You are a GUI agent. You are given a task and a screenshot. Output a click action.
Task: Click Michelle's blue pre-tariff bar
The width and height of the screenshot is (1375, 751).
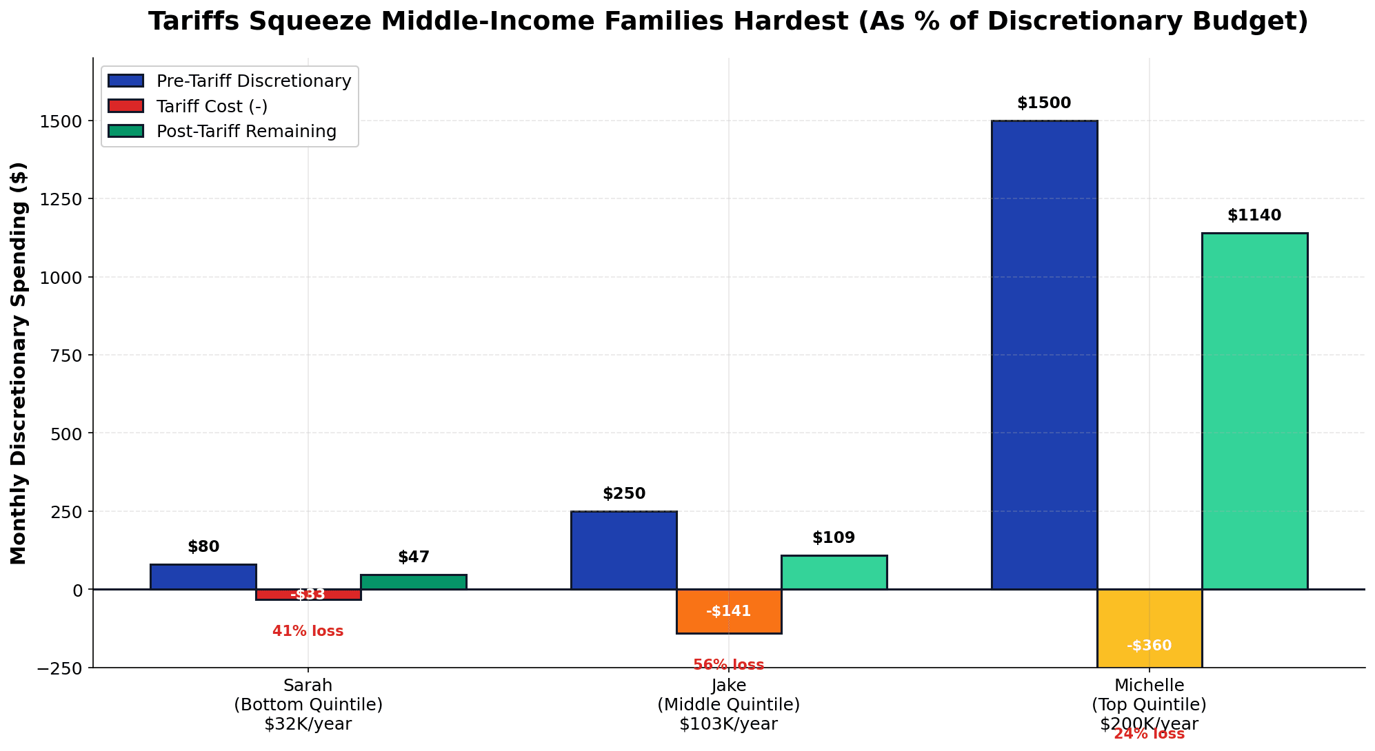(x=1044, y=355)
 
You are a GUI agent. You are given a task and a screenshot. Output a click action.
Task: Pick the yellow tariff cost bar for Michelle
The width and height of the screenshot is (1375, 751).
(x=1150, y=628)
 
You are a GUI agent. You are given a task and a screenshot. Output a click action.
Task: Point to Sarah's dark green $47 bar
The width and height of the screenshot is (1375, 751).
(x=413, y=582)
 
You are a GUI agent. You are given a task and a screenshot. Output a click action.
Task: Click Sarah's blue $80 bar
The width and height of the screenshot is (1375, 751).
(x=203, y=577)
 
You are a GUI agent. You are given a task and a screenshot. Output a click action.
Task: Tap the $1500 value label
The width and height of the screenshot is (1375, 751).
(x=1044, y=103)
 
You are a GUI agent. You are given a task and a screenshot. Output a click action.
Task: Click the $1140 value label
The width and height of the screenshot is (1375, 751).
(x=1254, y=216)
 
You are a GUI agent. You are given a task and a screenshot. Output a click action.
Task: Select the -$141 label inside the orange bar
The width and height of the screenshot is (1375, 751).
(x=729, y=611)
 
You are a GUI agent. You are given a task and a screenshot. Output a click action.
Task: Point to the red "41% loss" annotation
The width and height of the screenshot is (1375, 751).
(x=308, y=631)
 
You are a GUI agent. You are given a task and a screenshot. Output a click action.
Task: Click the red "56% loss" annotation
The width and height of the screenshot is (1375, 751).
(x=729, y=665)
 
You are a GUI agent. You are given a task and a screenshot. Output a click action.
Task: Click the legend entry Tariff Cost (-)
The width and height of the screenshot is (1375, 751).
(x=212, y=106)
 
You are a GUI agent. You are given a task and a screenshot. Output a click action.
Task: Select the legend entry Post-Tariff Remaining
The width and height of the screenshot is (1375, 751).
(x=246, y=132)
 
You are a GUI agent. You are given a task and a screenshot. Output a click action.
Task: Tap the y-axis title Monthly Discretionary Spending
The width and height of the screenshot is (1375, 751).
(x=19, y=363)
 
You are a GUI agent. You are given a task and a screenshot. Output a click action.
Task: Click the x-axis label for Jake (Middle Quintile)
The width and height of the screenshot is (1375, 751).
(x=729, y=704)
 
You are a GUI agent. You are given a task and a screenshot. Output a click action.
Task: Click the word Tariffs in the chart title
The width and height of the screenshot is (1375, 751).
(x=193, y=22)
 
